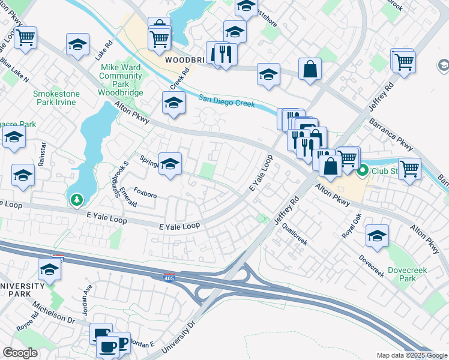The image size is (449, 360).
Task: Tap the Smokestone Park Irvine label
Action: [55, 98]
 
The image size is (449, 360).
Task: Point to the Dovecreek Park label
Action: [408, 274]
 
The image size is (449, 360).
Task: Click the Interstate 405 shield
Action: [170, 277]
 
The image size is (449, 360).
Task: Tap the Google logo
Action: [20, 353]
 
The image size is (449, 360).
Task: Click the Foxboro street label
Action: [145, 195]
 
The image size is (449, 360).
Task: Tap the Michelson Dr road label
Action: [53, 313]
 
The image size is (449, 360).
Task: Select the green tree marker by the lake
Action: [76, 199]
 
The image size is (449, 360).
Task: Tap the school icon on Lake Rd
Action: [78, 44]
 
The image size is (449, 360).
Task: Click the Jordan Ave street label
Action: [88, 293]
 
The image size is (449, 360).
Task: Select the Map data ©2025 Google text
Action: [412, 355]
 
